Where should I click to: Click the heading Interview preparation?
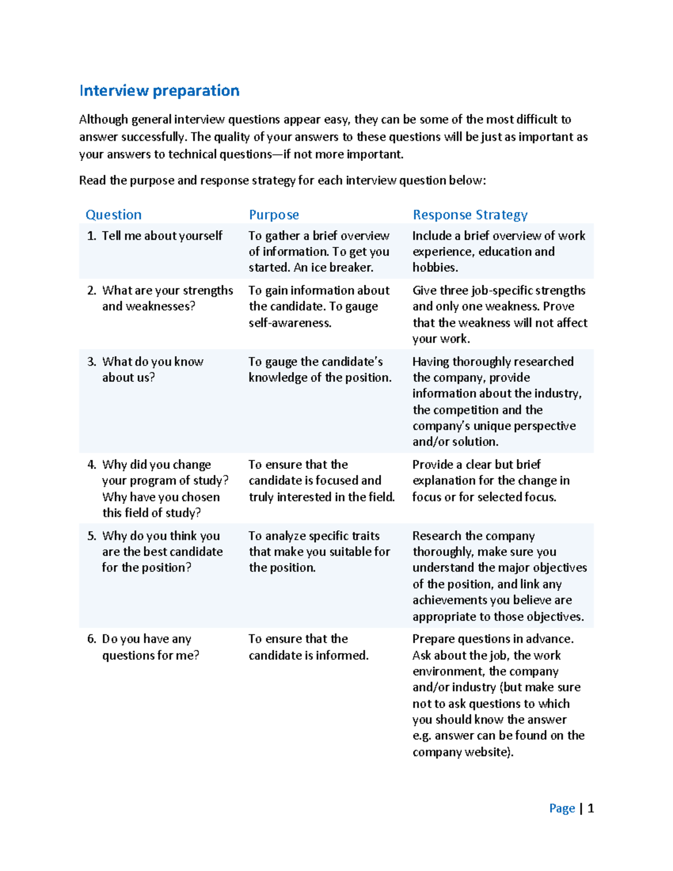pyautogui.click(x=159, y=91)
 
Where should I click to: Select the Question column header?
pyautogui.click(x=113, y=215)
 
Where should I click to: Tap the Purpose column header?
pyautogui.click(x=274, y=215)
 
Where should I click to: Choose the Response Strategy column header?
pyautogui.click(x=470, y=215)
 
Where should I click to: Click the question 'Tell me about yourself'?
pyautogui.click(x=162, y=236)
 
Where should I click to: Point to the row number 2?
pyautogui.click(x=91, y=291)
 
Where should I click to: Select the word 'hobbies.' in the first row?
pyautogui.click(x=435, y=268)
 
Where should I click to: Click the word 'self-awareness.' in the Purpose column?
pyautogui.click(x=290, y=322)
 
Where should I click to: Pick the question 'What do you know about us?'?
pyautogui.click(x=153, y=369)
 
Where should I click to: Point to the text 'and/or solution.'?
pyautogui.click(x=455, y=441)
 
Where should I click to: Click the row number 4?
pyautogui.click(x=91, y=465)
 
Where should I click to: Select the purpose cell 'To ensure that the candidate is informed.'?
pyautogui.click(x=308, y=647)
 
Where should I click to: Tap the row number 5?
pyautogui.click(x=91, y=536)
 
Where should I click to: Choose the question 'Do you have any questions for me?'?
pyautogui.click(x=150, y=647)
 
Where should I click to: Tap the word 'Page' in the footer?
pyautogui.click(x=562, y=808)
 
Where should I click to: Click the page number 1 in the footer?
pyautogui.click(x=591, y=808)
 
